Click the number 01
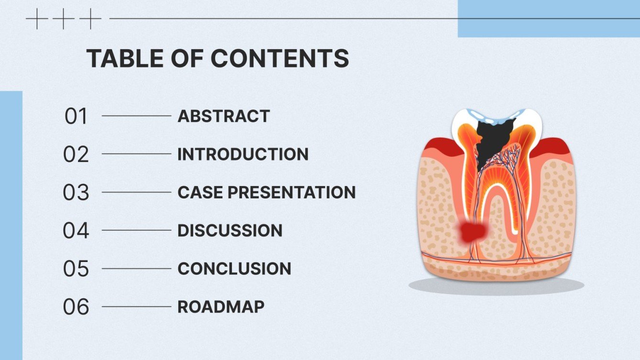click(76, 116)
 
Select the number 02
click(76, 154)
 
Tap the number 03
click(76, 192)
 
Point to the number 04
click(76, 230)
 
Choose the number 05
click(76, 269)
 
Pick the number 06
click(76, 307)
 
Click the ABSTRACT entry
click(223, 116)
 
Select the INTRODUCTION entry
click(243, 154)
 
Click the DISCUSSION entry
click(230, 230)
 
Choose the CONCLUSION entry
click(234, 269)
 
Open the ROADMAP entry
click(221, 307)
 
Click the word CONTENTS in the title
click(280, 58)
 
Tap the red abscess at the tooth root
click(473, 232)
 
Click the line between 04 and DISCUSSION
click(136, 230)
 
